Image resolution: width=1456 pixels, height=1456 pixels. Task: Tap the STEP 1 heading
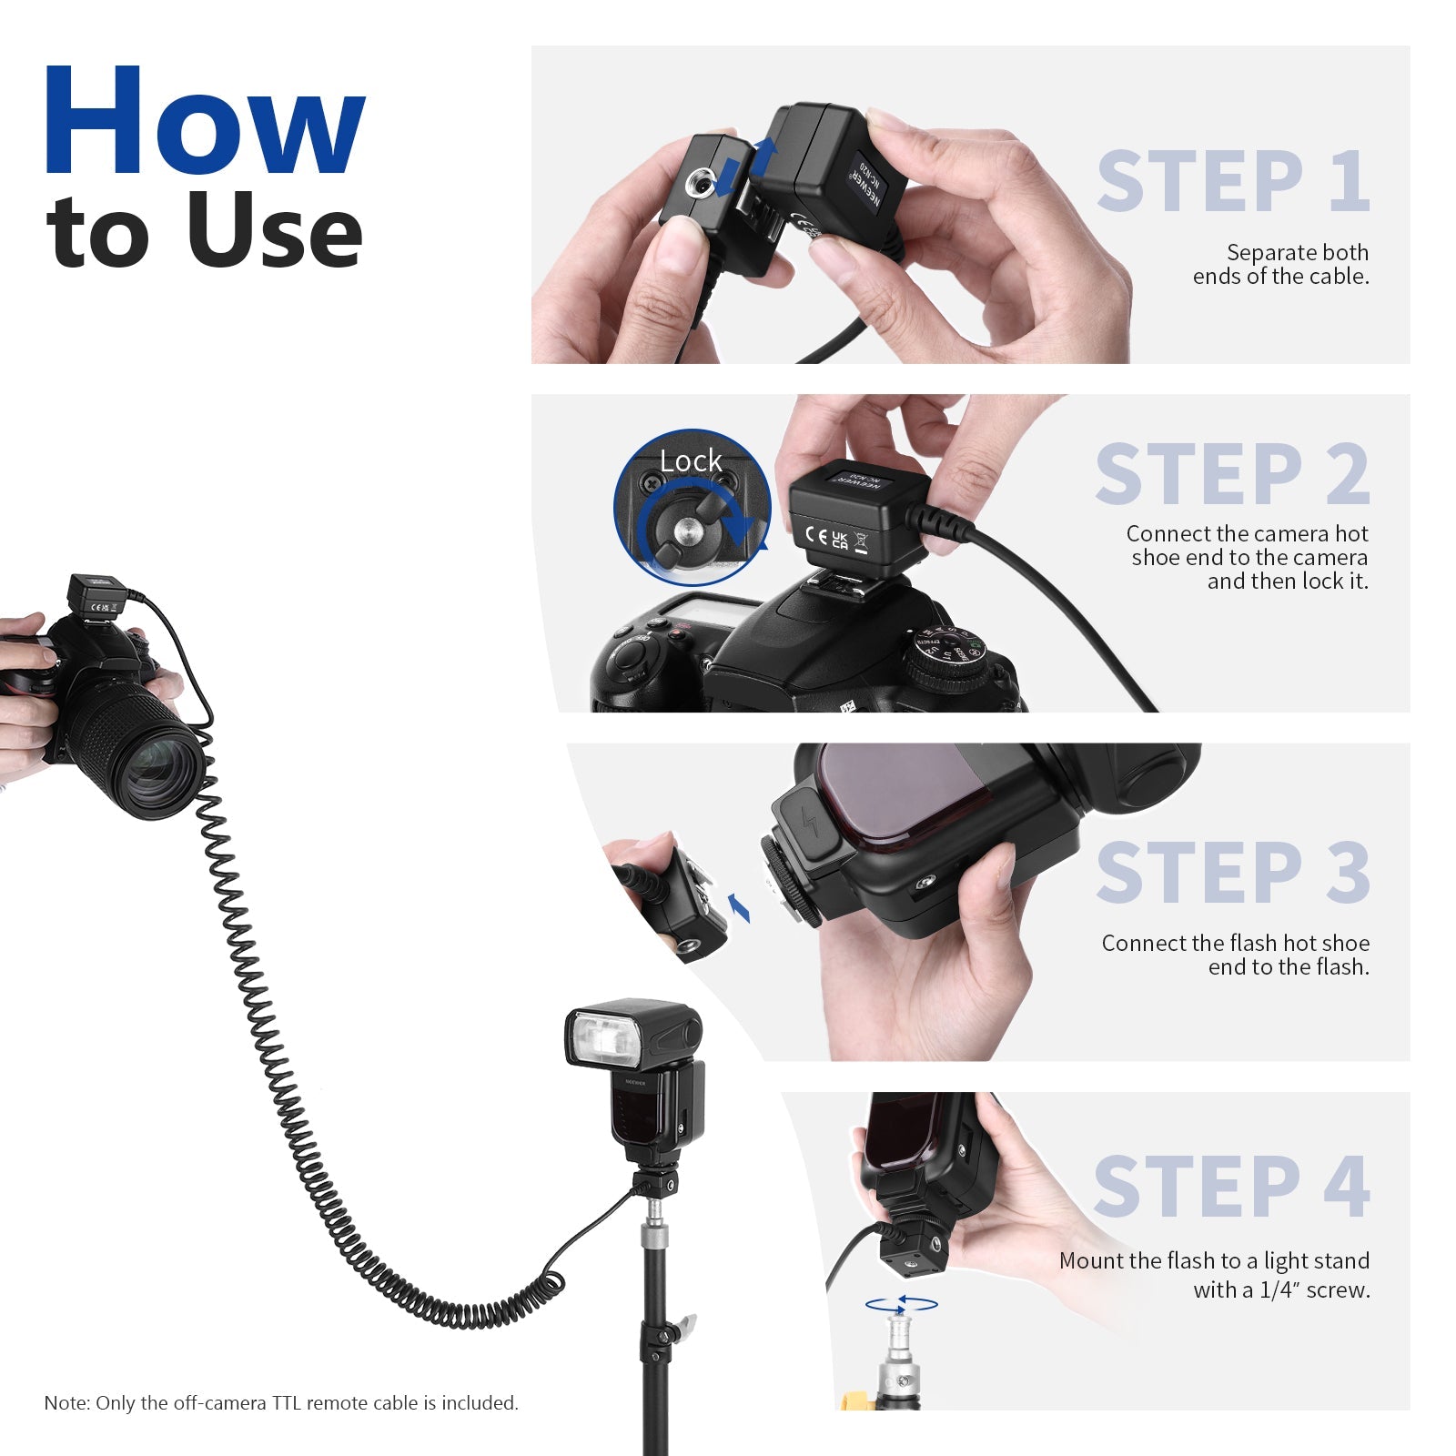pyautogui.click(x=1233, y=182)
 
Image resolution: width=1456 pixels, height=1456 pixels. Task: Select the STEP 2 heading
pyautogui.click(x=1232, y=474)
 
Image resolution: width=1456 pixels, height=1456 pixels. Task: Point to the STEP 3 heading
pyautogui.click(x=1232, y=873)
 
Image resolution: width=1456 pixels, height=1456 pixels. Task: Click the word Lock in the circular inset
pyautogui.click(x=691, y=461)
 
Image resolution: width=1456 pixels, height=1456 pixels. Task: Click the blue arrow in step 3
pyautogui.click(x=739, y=906)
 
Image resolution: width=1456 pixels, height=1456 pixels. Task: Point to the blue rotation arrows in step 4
pyautogui.click(x=901, y=1304)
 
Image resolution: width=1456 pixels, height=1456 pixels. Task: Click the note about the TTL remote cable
pyautogui.click(x=280, y=1402)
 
